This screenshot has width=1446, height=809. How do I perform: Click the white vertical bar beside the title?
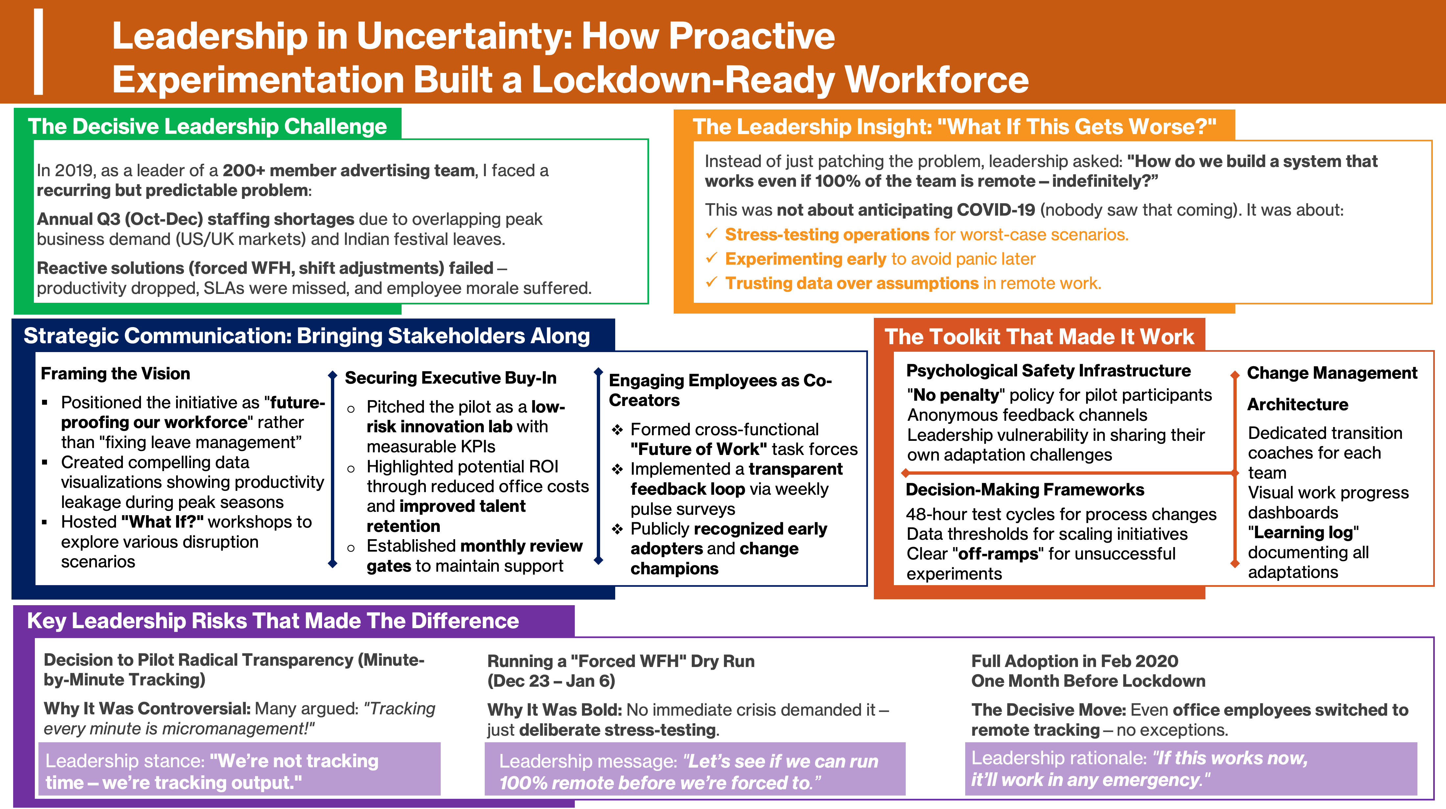click(38, 52)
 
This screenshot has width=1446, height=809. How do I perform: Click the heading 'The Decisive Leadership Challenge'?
click(207, 126)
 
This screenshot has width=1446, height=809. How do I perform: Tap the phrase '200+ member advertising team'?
click(349, 170)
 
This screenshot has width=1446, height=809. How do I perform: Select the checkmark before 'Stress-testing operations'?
click(711, 233)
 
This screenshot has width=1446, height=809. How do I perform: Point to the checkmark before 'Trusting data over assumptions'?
click(711, 282)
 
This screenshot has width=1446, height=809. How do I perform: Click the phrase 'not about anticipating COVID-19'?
click(905, 210)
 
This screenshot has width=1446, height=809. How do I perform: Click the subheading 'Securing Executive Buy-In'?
click(450, 378)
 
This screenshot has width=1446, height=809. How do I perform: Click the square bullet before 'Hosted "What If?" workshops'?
click(45, 522)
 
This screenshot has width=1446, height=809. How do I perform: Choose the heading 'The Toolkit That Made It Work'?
click(1039, 336)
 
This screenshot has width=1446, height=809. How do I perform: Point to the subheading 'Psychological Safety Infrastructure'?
click(1048, 370)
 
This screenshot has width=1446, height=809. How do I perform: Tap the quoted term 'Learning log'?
click(1303, 532)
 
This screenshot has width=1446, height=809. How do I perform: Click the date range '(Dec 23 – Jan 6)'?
click(551, 681)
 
